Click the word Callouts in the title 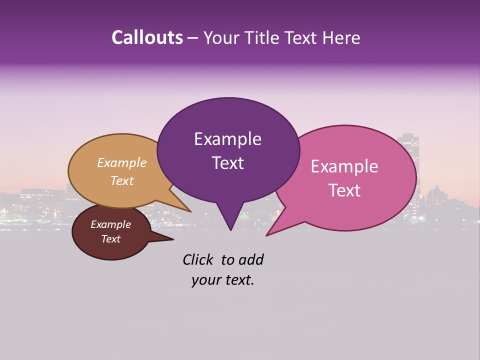tap(147, 37)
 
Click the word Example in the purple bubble tap(227, 139)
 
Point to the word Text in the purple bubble tap(227, 163)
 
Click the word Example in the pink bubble tap(344, 166)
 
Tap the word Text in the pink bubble tap(344, 190)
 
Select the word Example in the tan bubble tap(122, 162)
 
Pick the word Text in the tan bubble tap(122, 180)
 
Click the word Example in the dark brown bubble tap(110, 224)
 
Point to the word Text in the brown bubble tap(110, 239)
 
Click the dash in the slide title tap(193, 38)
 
